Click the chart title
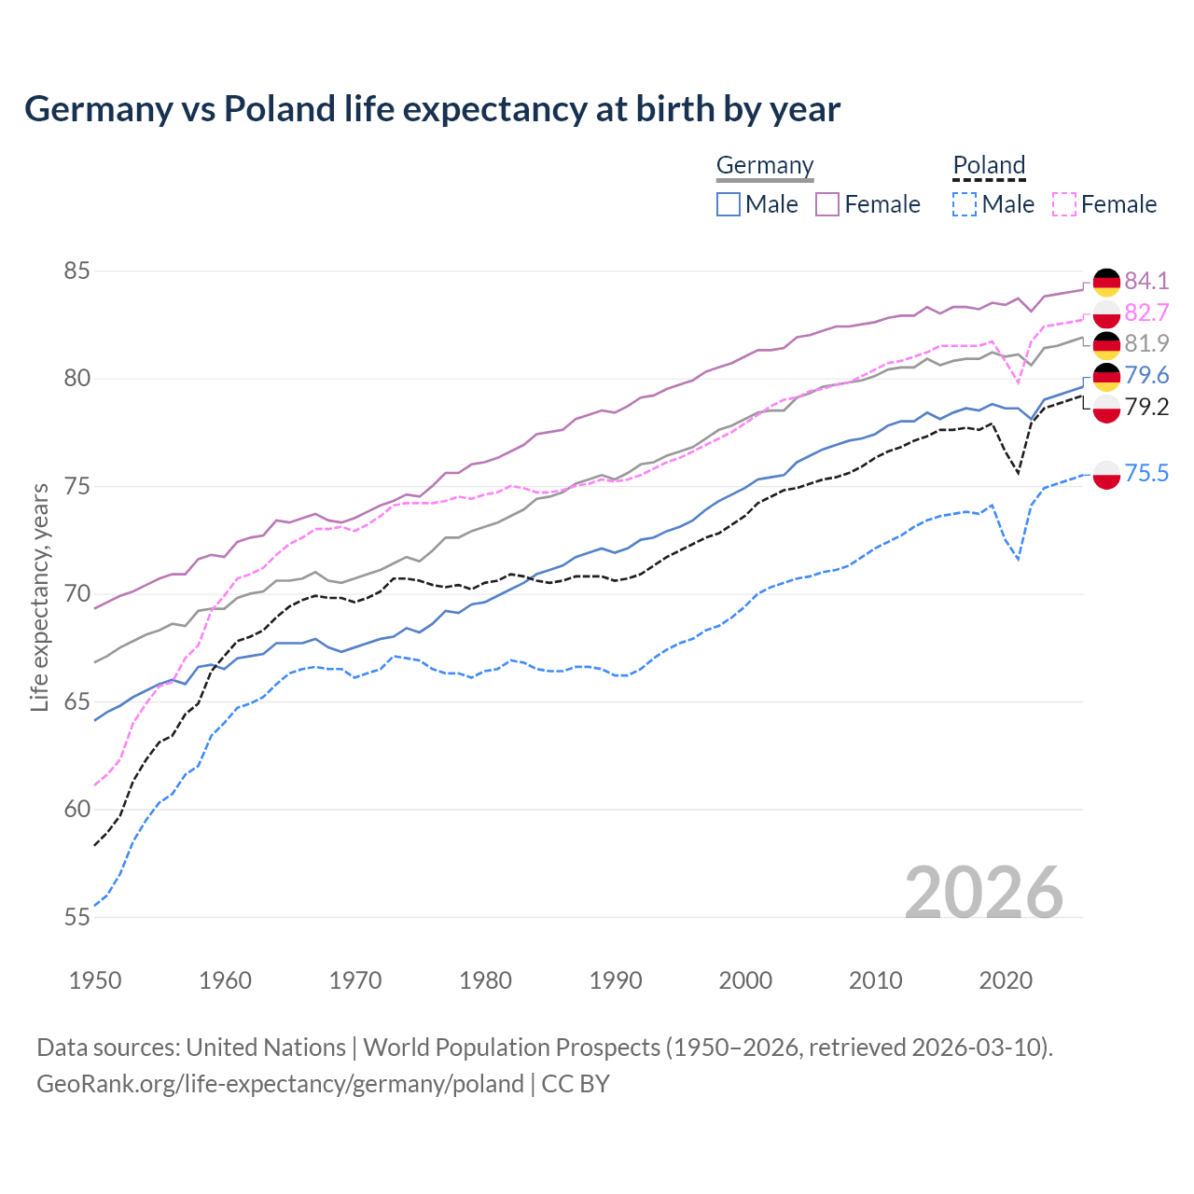[x=432, y=109]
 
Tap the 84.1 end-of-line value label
[x=1146, y=281]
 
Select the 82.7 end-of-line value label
[x=1146, y=312]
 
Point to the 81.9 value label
[x=1146, y=343]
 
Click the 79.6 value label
[x=1146, y=375]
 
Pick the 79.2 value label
[x=1146, y=407]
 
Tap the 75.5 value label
[x=1146, y=473]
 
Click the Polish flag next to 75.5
[x=1106, y=474]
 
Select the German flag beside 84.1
[x=1106, y=282]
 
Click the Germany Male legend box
[x=729, y=204]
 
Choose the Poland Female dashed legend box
[x=1064, y=204]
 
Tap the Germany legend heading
[x=765, y=165]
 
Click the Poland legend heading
[x=989, y=165]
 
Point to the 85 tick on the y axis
[x=76, y=271]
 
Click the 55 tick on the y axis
[x=76, y=917]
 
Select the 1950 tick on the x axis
[x=95, y=980]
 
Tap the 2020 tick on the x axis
[x=1006, y=980]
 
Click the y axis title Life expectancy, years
[x=40, y=597]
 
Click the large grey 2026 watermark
[x=984, y=893]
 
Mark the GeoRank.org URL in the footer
[x=280, y=1084]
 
